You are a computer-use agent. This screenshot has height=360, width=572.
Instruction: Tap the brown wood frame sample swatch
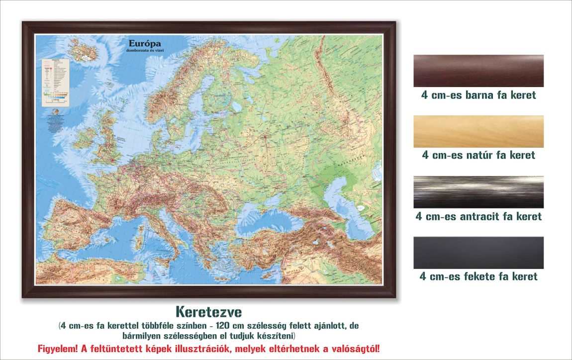478,71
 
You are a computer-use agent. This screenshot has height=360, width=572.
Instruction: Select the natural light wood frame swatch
478,131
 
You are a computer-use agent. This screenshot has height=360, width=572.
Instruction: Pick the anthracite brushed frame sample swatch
478,192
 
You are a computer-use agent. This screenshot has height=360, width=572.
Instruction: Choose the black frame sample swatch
478,253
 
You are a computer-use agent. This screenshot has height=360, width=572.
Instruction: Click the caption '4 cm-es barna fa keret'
478,94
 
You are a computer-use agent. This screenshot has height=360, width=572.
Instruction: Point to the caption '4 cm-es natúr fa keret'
478,155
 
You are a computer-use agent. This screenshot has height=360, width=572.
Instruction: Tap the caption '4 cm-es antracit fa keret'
478,216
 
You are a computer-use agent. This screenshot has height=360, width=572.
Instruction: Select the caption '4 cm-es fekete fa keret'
478,276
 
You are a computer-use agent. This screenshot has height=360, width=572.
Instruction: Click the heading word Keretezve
208,312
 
